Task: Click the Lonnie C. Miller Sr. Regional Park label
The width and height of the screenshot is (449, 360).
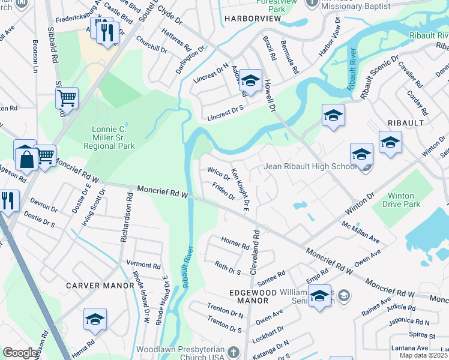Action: pyautogui.click(x=112, y=137)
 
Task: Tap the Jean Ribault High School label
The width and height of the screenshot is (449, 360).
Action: pyautogui.click(x=310, y=166)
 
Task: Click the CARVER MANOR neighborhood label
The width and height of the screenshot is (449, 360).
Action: pyautogui.click(x=100, y=286)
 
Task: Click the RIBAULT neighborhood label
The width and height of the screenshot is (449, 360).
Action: pyautogui.click(x=406, y=122)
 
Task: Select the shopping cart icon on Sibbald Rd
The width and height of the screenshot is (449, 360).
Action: pyautogui.click(x=67, y=97)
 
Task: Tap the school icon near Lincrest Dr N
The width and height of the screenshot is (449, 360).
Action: pyautogui.click(x=252, y=80)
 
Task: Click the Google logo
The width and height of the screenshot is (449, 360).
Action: pyautogui.click(x=20, y=353)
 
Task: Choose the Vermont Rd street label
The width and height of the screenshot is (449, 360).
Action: pyautogui.click(x=143, y=265)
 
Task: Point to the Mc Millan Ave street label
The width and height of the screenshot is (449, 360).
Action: pyautogui.click(x=361, y=232)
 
